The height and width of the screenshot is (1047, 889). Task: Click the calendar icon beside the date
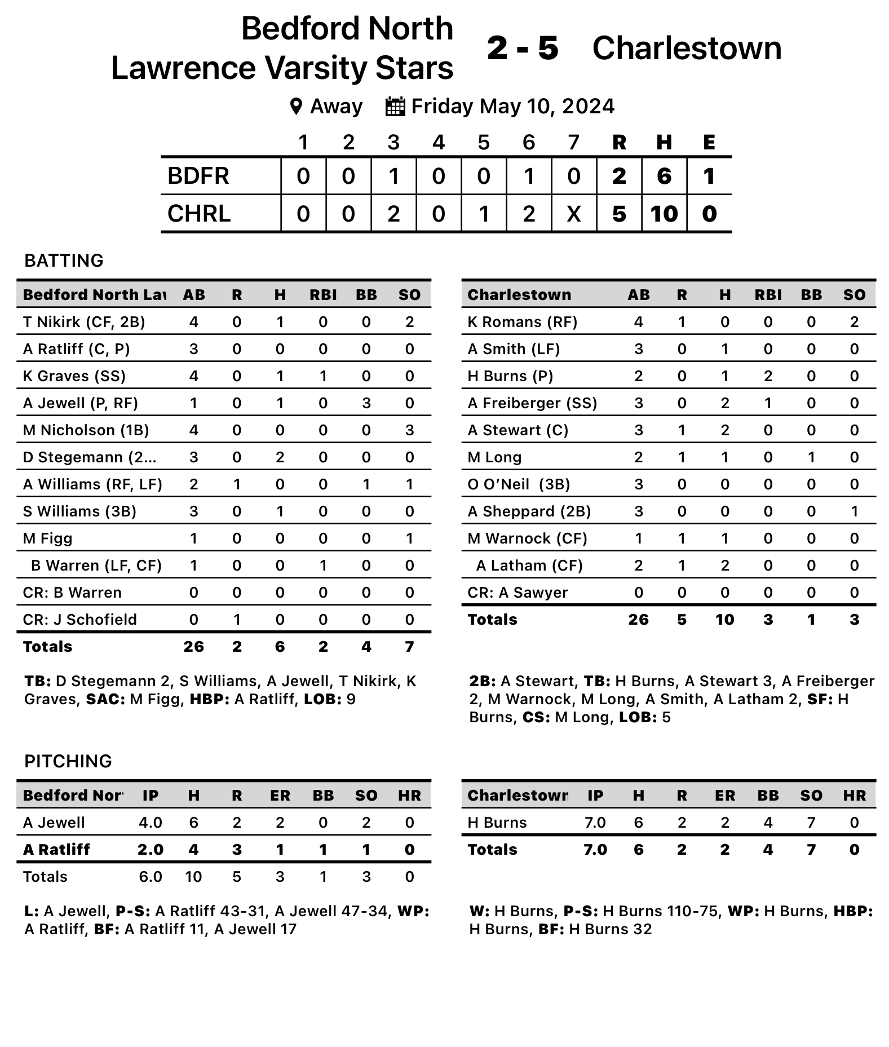395,107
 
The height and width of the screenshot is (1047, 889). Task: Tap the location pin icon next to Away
296,107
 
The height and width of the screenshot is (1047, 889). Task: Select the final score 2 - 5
523,48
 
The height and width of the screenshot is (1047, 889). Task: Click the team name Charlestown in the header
687,48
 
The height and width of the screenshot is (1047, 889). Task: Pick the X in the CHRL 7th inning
573,214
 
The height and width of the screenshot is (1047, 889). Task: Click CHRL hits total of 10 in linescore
664,214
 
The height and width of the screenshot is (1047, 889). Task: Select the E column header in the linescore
709,143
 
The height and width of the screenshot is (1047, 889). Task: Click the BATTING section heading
64,260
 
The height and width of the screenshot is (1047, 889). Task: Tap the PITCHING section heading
68,761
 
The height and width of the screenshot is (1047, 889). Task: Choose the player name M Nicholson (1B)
86,430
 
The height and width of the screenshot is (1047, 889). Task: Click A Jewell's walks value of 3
366,403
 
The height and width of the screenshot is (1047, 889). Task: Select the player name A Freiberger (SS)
532,403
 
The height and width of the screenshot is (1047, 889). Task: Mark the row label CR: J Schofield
79,620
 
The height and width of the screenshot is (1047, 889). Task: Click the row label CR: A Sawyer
518,593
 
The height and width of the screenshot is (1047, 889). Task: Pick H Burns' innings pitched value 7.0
595,823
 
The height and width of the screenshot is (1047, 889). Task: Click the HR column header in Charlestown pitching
854,796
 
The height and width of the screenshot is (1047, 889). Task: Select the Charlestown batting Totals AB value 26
638,620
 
